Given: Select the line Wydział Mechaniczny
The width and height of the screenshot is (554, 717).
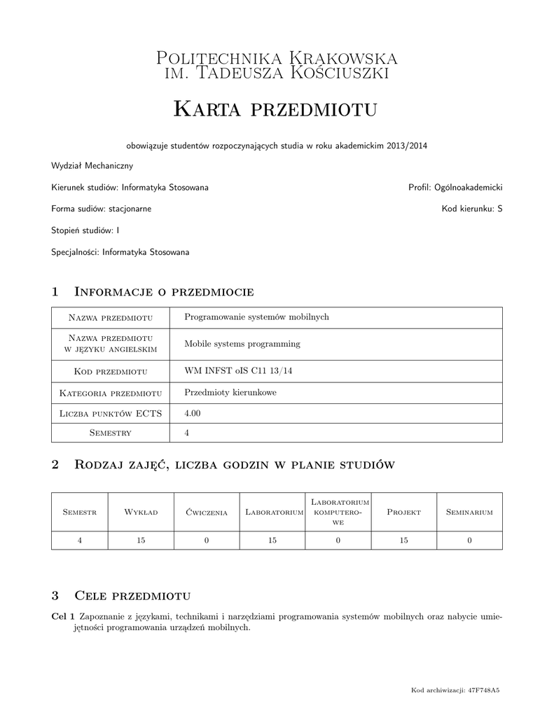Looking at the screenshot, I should point(92,166).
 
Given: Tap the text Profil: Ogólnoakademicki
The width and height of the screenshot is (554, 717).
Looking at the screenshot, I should point(455,188).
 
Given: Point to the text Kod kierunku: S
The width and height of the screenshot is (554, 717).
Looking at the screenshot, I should point(472,209).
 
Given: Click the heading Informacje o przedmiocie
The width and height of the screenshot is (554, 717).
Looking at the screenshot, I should point(163,291).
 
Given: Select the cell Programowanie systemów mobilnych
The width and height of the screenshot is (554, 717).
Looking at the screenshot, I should point(256,316).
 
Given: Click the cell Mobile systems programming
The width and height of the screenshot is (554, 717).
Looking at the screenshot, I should point(242,344).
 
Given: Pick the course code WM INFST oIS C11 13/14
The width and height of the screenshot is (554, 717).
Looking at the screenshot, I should point(238,370).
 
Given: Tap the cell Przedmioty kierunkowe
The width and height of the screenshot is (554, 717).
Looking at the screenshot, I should point(230,392).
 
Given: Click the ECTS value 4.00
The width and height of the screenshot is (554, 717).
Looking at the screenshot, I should point(192,413).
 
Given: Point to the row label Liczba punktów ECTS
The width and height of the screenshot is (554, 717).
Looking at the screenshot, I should point(111,414).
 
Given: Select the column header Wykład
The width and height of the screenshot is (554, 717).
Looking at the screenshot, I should point(141,513).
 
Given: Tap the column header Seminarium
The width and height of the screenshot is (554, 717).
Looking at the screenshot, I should point(469,513).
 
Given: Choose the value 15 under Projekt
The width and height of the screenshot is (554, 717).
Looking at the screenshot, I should point(404,540).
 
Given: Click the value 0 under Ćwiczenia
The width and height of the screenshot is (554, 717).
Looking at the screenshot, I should point(207,540).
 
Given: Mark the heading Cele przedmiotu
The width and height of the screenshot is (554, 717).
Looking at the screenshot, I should point(132,596).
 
